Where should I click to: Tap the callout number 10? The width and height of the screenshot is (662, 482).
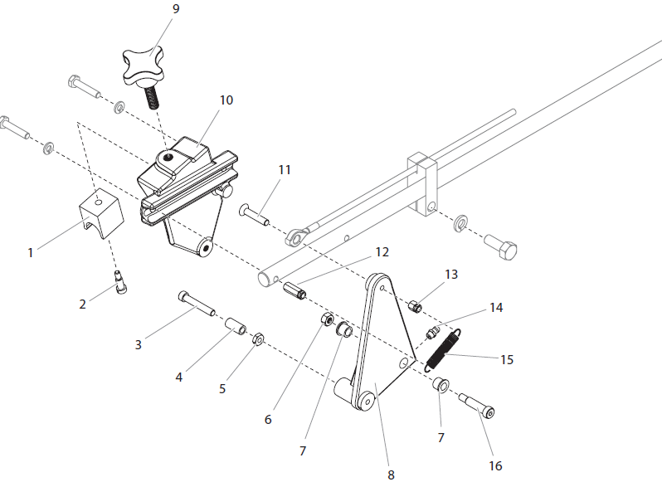[226, 100]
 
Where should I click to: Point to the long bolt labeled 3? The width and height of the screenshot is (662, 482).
[196, 303]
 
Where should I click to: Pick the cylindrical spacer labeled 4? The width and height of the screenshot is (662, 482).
[235, 326]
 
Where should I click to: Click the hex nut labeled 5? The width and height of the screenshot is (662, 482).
[258, 338]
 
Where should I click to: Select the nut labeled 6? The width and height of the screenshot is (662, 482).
[328, 320]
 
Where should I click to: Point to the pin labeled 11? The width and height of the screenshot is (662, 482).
[256, 214]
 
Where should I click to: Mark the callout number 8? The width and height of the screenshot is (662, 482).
[391, 475]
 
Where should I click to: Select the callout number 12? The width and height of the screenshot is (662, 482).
[381, 251]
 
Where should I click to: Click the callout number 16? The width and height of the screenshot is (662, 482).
[495, 465]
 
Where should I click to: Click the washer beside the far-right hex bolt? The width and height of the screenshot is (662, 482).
[460, 224]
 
